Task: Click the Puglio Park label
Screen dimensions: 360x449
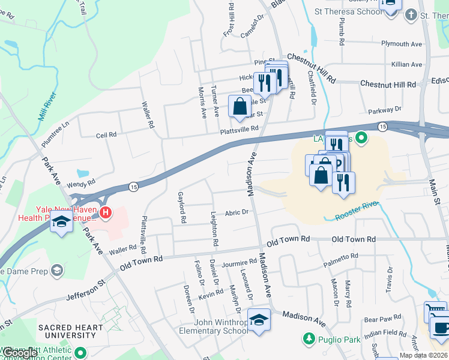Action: coord(339,340)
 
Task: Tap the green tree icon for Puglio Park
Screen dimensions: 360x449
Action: coord(309,339)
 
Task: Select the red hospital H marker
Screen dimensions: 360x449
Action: coord(106,212)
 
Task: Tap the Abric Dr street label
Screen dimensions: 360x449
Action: coord(237,212)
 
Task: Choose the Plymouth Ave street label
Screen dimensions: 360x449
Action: coord(402,44)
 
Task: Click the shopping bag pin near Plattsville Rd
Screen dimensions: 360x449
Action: coord(240,107)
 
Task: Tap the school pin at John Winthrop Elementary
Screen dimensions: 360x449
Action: coord(259,320)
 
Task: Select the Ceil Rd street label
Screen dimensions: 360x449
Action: coord(106,135)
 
